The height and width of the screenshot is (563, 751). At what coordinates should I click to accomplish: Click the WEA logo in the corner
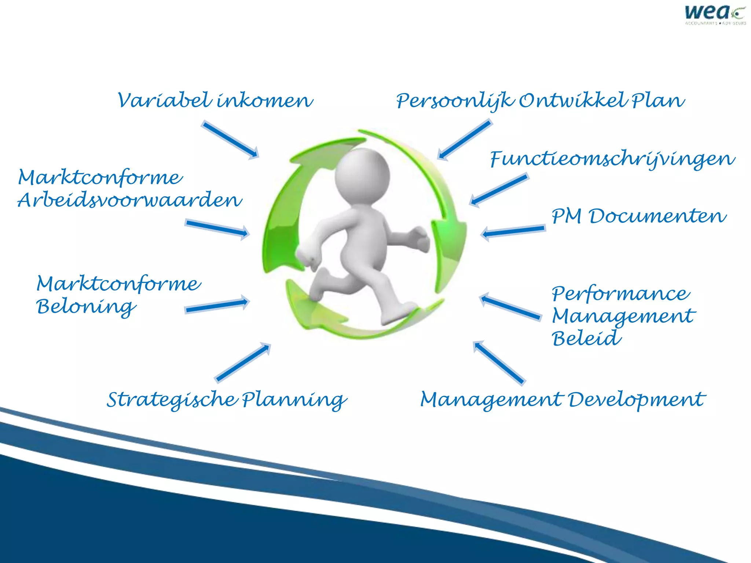pos(715,15)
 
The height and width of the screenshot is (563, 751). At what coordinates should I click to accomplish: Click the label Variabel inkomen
pos(215,101)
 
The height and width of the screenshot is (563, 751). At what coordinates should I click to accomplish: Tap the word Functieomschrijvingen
pos(612,160)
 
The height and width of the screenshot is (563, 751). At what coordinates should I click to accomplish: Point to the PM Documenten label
pos(639,216)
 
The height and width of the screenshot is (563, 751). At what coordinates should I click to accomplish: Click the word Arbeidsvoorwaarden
pos(130,200)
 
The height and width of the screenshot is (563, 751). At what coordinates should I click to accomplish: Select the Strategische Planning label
pos(226,400)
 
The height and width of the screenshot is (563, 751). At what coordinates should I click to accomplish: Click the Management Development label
pos(563,400)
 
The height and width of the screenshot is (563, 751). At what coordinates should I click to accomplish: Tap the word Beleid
pos(586,338)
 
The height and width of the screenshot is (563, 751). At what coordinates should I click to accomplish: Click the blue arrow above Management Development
pos(499,363)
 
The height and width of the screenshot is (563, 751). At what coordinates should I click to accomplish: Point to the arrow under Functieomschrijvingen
pos(499,190)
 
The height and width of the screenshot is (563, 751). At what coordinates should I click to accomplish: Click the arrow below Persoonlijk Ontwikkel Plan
pos(465,139)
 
